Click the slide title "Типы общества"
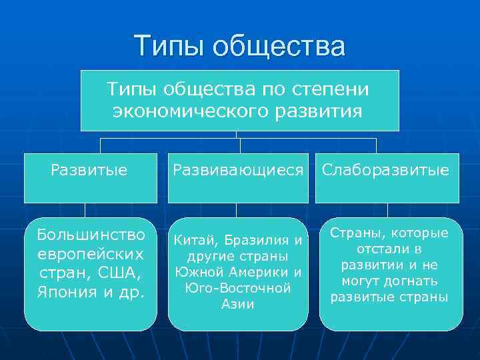pos(240,46)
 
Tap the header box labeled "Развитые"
pos(89,171)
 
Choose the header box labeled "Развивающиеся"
pos(238,171)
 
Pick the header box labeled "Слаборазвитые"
pos(386,171)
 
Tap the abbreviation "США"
pos(120,273)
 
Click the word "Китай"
pos(193,240)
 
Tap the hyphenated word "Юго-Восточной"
pos(238,288)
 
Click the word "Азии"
pos(238,304)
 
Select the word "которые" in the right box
pos(420,233)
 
